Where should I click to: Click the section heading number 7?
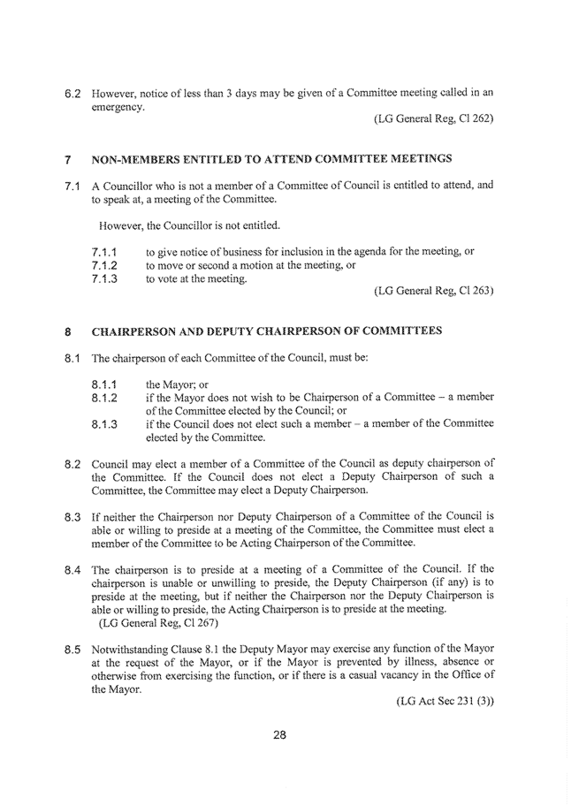[67, 162]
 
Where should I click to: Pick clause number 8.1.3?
[108, 424]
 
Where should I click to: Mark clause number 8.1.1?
[108, 385]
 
